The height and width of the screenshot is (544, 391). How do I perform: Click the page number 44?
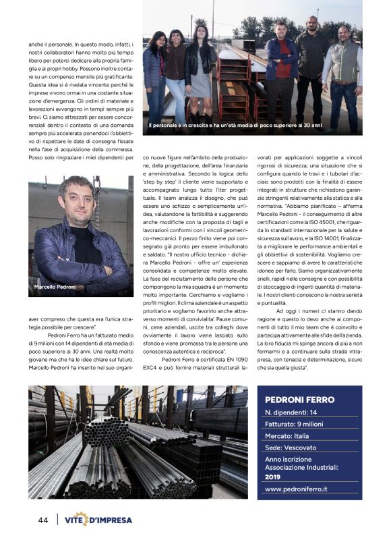coord(42,520)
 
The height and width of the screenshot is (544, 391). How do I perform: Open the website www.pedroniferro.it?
coord(301,489)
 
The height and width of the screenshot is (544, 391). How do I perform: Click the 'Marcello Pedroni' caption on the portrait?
coord(55,288)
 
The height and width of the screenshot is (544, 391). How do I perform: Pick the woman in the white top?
coord(203,67)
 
